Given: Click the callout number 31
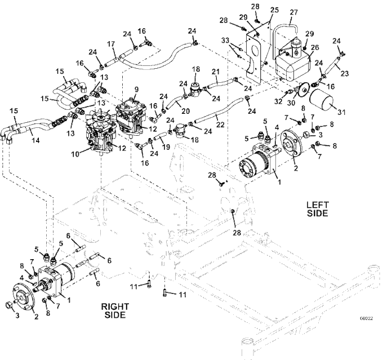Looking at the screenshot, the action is pos(341,112).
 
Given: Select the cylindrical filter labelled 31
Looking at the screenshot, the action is pos(321,101).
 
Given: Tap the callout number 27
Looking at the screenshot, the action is pos(293,12).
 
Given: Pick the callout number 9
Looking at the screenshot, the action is pos(136,90).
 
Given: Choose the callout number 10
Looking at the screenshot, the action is pos(75,154).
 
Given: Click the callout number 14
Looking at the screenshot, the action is pos(35,140).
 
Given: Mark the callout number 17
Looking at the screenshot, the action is pos(111,45).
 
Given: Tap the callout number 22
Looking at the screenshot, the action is pos(220,125).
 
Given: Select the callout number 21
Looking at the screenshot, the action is pos(215,72).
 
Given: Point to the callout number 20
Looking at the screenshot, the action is pos(186,111).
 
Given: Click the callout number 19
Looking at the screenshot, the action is pos(166,147).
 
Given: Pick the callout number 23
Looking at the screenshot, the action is pos(344,73).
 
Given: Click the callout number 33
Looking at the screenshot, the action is pos(225,41).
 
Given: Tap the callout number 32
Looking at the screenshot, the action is pos(278,101).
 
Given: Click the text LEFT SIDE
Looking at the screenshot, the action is pos(317,209).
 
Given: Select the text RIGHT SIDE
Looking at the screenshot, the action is pos(115,310).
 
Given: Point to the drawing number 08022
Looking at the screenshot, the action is pos(367,318).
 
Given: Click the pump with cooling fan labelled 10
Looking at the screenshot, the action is pos(100,132).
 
